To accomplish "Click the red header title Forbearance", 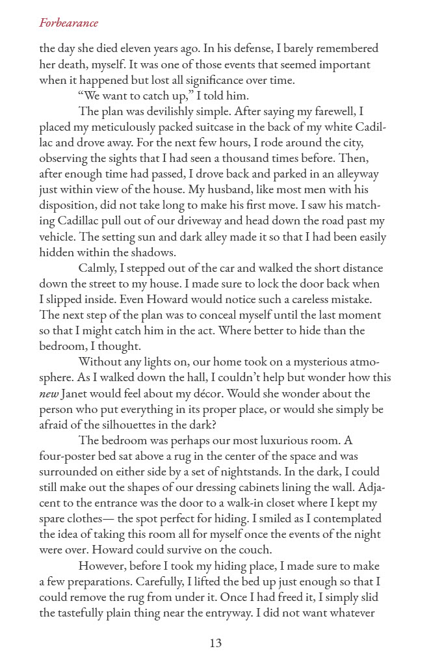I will coord(68,23).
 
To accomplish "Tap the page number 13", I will coord(216,643).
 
